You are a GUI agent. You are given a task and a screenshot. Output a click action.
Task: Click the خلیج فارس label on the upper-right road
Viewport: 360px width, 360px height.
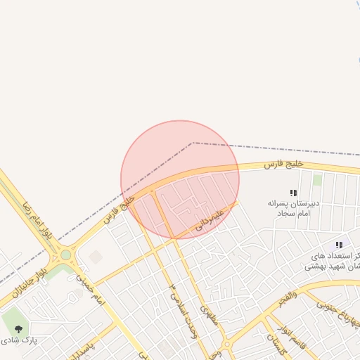coord(284,164)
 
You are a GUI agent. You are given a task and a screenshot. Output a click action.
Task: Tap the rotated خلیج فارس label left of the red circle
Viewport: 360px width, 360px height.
coord(119,210)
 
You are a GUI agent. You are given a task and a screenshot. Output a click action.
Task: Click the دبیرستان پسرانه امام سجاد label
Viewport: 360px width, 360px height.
coord(293,207)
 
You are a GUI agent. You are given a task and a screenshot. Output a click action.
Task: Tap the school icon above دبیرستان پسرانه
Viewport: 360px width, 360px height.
coord(293,192)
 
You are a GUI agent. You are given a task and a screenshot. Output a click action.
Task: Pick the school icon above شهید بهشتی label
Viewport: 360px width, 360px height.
coord(339,245)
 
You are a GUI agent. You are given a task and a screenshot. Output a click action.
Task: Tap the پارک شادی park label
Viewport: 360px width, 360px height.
coord(20,340)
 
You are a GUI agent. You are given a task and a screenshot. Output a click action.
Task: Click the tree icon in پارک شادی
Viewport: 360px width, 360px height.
coord(18,328)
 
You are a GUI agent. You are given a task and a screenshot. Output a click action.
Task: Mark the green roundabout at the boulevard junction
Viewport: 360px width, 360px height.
coord(66,255)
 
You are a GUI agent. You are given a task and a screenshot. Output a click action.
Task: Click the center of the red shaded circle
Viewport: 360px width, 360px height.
coord(180,180)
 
